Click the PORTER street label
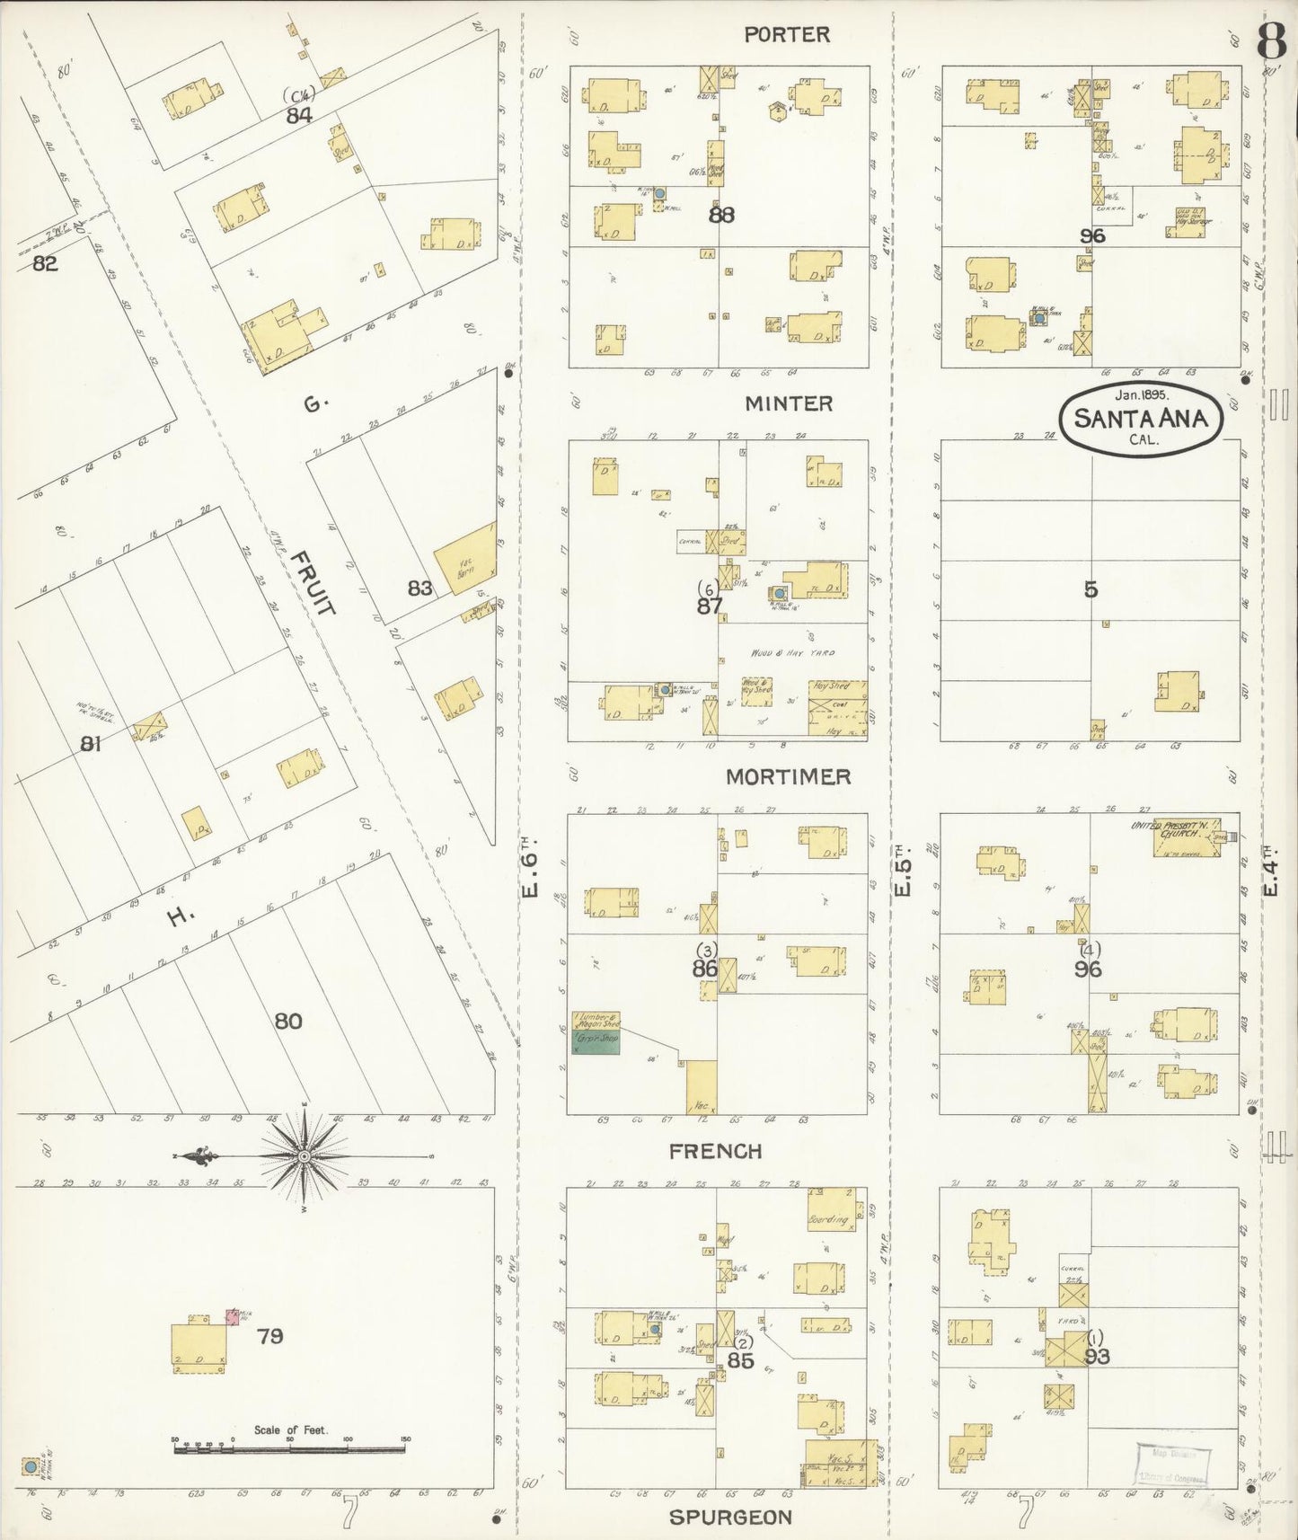pyautogui.click(x=787, y=35)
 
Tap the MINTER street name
pyautogui.click(x=789, y=404)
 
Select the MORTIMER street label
pyautogui.click(x=788, y=777)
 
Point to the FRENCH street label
pyautogui.click(x=716, y=1151)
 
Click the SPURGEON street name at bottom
pyautogui.click(x=730, y=1518)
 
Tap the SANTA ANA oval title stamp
pyautogui.click(x=1140, y=418)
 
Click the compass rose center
pyautogui.click(x=304, y=1155)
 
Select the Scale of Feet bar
pyautogui.click(x=289, y=1448)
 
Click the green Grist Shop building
pyautogui.click(x=596, y=1042)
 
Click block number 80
pyautogui.click(x=287, y=1022)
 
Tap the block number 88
pyautogui.click(x=721, y=216)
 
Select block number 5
pyautogui.click(x=1090, y=589)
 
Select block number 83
pyautogui.click(x=419, y=589)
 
